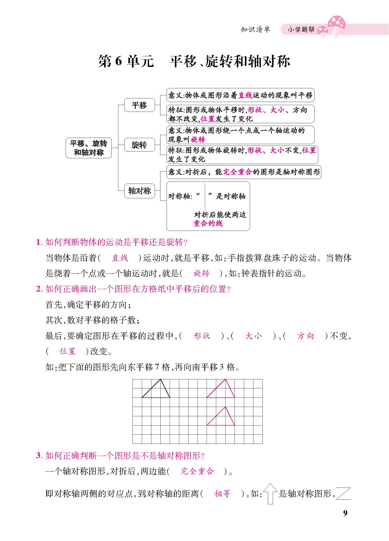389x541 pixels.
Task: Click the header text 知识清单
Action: pyautogui.click(x=255, y=30)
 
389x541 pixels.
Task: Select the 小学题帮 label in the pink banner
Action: pyautogui.click(x=301, y=30)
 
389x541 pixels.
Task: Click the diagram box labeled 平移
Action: pyautogui.click(x=139, y=105)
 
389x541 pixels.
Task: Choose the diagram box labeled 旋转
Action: pyautogui.click(x=139, y=145)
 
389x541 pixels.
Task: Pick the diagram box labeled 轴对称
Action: pyautogui.click(x=139, y=191)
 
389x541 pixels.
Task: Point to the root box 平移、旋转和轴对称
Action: pyautogui.click(x=89, y=148)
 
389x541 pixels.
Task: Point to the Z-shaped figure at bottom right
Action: pyautogui.click(x=344, y=493)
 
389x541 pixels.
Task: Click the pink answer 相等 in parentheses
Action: pyautogui.click(x=222, y=494)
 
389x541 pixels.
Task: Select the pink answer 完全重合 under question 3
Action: pyautogui.click(x=197, y=471)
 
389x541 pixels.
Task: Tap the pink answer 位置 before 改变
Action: pyautogui.click(x=67, y=351)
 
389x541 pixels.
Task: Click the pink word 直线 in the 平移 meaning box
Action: pyautogui.click(x=245, y=95)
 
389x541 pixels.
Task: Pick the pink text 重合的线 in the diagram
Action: pyautogui.click(x=208, y=223)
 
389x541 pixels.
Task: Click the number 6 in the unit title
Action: pyautogui.click(x=118, y=61)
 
